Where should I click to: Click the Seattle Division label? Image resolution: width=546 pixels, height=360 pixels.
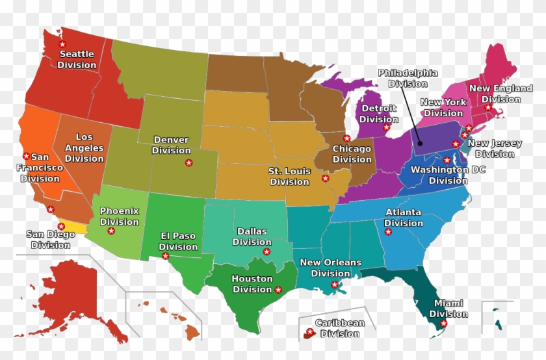[x=76, y=59]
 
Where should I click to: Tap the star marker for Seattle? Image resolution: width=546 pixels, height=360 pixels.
[x=62, y=44]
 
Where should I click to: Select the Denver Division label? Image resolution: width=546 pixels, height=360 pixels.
[x=172, y=145]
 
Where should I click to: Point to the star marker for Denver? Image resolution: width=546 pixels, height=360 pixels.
[x=188, y=162]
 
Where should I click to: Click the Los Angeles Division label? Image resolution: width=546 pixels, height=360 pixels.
[x=84, y=148]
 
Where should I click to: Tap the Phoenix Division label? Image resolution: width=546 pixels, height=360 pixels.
[x=119, y=216]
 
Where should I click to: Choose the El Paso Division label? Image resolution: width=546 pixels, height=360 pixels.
[x=178, y=241]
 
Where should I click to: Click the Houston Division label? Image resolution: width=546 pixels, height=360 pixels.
[x=252, y=284]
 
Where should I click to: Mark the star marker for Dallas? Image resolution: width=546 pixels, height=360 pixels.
[x=266, y=251]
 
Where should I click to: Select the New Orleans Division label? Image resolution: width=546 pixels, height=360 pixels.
[x=330, y=268]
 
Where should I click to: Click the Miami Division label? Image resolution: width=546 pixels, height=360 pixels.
[x=448, y=309]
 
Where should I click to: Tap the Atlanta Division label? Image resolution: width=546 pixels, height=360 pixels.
[x=403, y=218]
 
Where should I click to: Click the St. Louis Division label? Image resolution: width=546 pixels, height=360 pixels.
[x=289, y=176]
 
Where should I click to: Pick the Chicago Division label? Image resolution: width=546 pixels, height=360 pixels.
[x=352, y=154]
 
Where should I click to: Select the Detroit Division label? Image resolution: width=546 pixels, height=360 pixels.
[x=379, y=114]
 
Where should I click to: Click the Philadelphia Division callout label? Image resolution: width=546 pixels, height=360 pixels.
[x=408, y=78]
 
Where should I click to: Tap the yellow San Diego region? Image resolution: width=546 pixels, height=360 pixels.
[x=76, y=227]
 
